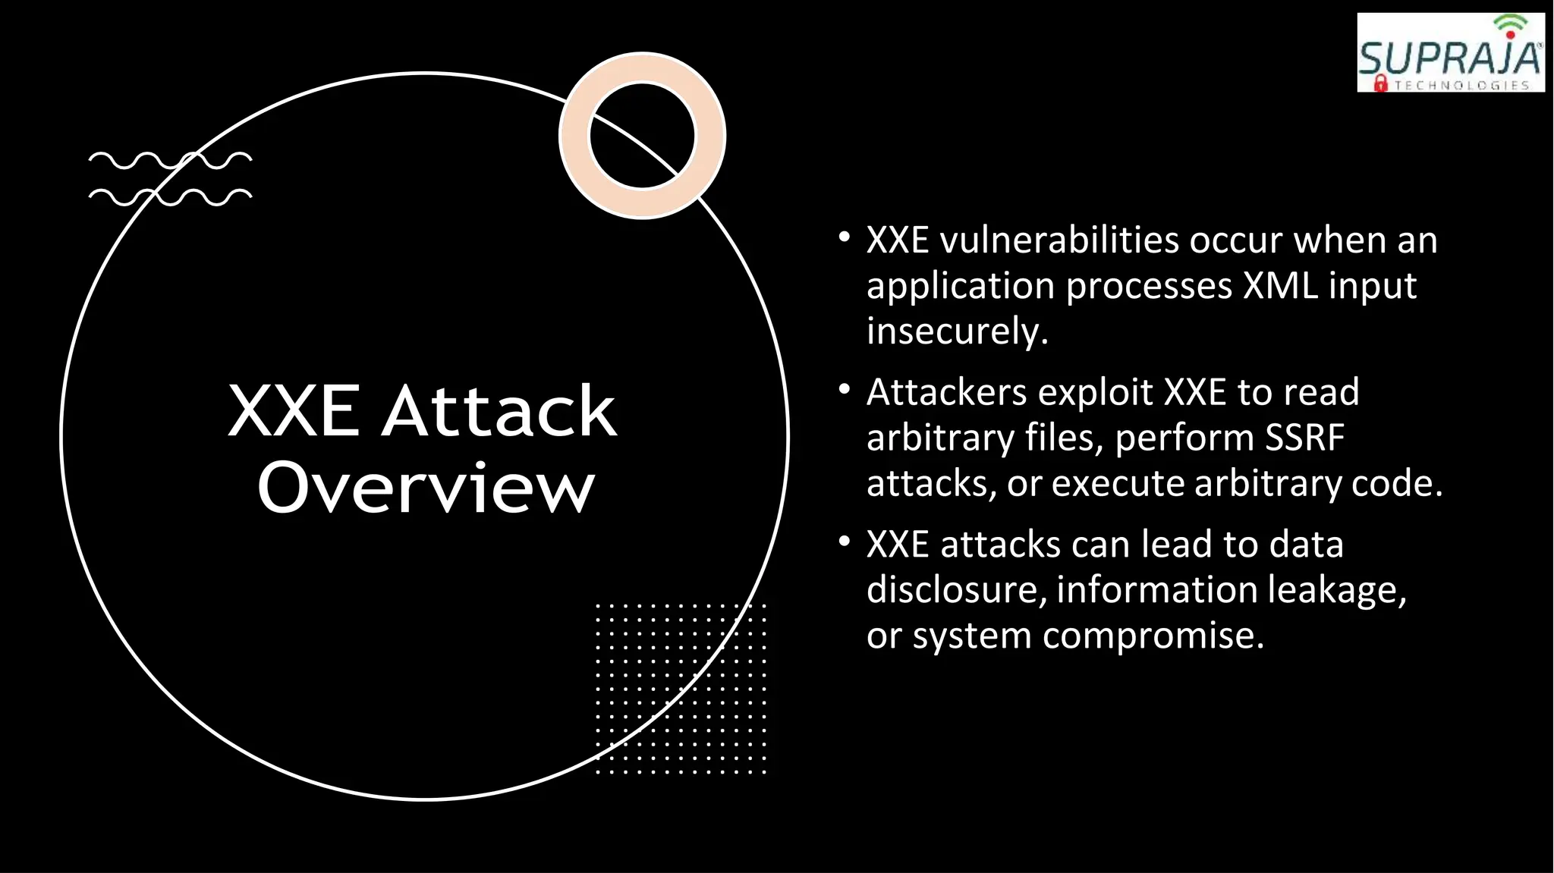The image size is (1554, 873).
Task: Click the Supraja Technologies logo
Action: click(1450, 53)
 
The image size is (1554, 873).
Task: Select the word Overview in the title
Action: click(426, 487)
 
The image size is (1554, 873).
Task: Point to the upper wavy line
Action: click(170, 160)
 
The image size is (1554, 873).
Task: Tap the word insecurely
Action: click(956, 331)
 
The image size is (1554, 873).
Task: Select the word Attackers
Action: click(946, 392)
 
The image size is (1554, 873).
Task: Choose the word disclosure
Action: click(955, 589)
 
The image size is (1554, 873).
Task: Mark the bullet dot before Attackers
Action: click(844, 390)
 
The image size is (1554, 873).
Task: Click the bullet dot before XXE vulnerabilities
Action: click(844, 237)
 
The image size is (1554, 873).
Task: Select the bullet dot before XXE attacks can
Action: click(844, 542)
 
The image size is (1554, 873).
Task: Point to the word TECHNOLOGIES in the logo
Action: click(1461, 86)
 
